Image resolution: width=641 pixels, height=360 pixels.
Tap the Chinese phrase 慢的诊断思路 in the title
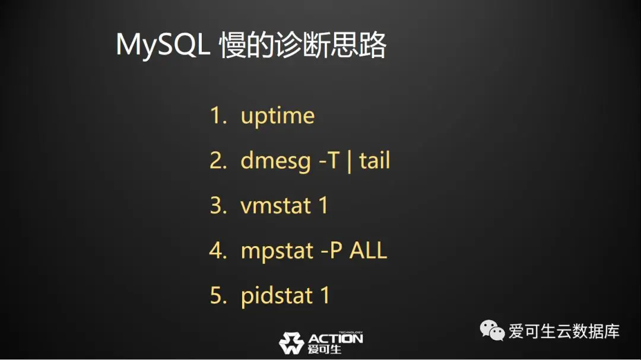pyautogui.click(x=303, y=44)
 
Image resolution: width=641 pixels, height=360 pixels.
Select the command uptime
pyautogui.click(x=278, y=116)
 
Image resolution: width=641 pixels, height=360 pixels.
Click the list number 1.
pyautogui.click(x=218, y=115)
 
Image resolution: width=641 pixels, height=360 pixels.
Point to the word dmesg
pyautogui.click(x=275, y=161)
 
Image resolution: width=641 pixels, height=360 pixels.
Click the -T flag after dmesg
pyautogui.click(x=329, y=160)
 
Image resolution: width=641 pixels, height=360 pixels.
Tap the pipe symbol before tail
pyautogui.click(x=349, y=161)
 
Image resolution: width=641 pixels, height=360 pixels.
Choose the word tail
pyautogui.click(x=375, y=160)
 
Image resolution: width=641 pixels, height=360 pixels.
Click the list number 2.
pyautogui.click(x=218, y=160)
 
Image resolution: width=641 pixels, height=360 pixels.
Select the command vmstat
pyautogui.click(x=275, y=205)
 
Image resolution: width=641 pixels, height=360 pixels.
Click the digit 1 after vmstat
pyautogui.click(x=323, y=205)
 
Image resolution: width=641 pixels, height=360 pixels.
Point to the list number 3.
pyautogui.click(x=218, y=205)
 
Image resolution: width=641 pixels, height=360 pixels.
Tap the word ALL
pyautogui.click(x=368, y=250)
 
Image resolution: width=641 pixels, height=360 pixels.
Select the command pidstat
pyautogui.click(x=277, y=295)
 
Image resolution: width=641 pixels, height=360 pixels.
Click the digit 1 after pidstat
pyautogui.click(x=325, y=295)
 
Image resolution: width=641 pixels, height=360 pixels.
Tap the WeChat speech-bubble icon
pyautogui.click(x=492, y=330)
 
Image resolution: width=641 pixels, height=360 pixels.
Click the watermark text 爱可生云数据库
pyautogui.click(x=564, y=331)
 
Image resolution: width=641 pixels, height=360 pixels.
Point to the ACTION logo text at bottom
pyautogui.click(x=335, y=339)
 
